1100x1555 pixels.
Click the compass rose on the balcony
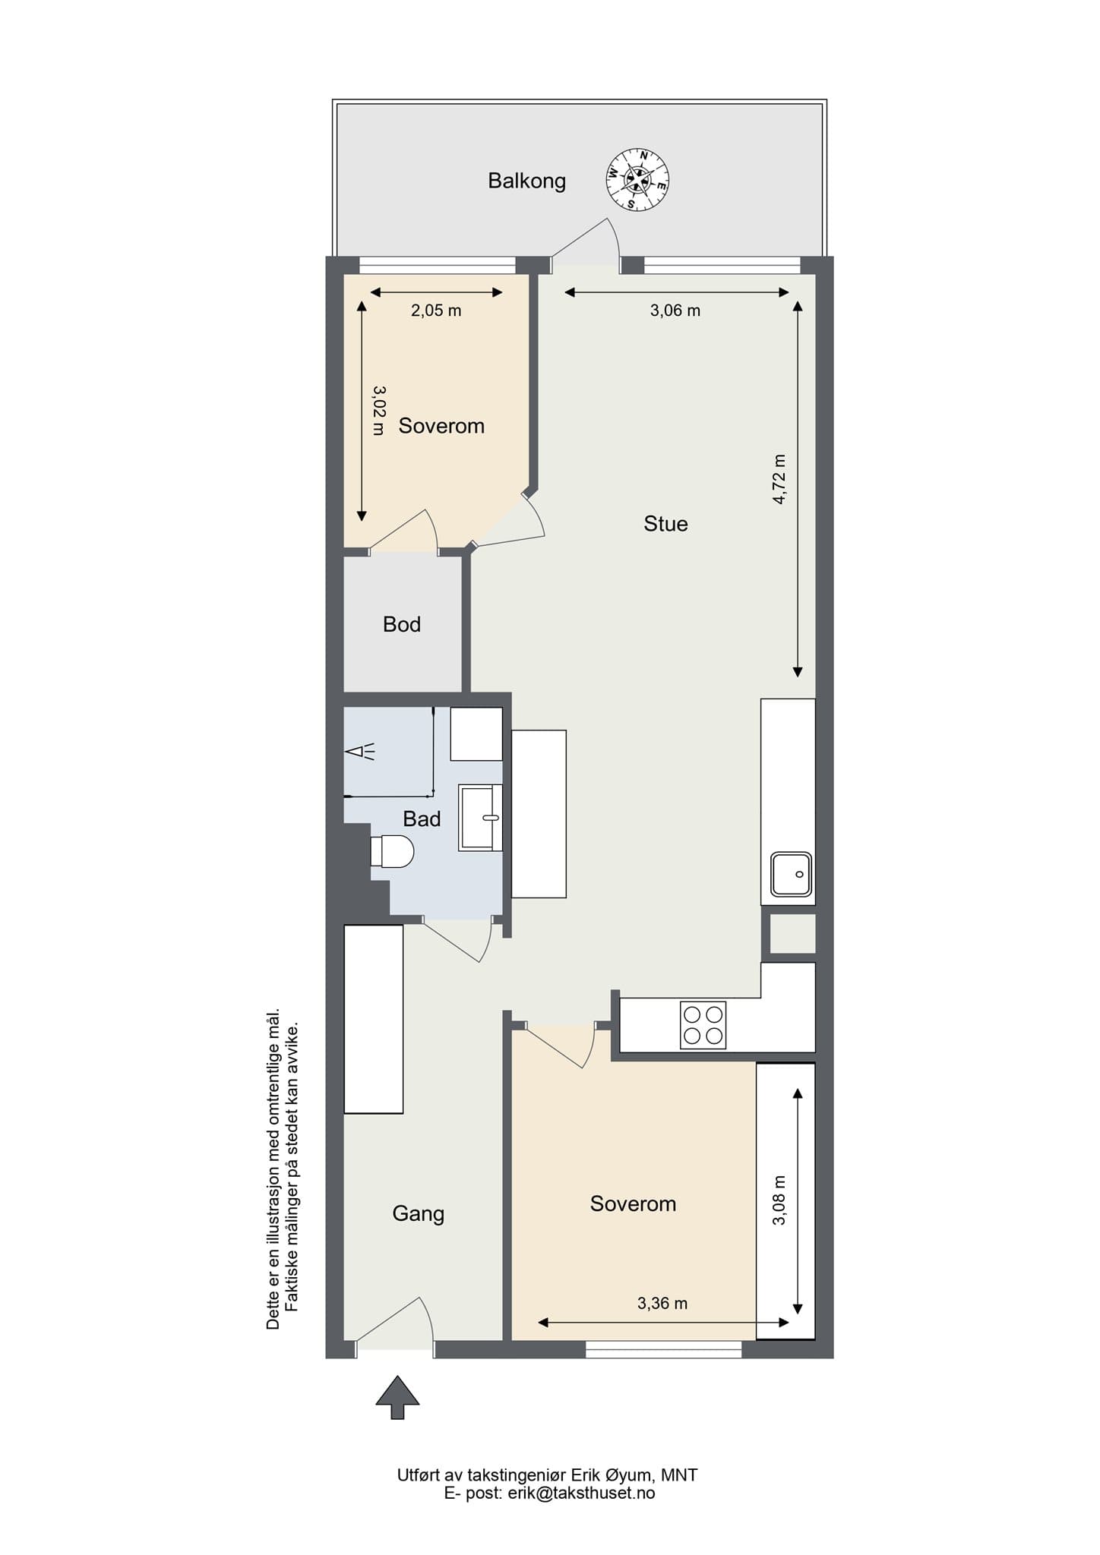coord(637,179)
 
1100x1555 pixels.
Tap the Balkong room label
coord(526,181)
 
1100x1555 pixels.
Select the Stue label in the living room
coord(665,524)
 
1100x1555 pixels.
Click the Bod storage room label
coord(401,624)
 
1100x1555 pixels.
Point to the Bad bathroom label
coord(422,819)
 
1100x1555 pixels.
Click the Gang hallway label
coord(418,1214)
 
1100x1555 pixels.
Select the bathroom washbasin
coord(480,818)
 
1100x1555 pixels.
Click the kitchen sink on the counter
coord(791,874)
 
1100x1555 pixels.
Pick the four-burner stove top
coord(703,1025)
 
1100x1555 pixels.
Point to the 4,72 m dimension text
coord(779,479)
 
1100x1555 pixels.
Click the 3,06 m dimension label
coord(675,311)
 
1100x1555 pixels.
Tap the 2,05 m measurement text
coord(436,311)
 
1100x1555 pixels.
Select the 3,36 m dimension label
coord(662,1304)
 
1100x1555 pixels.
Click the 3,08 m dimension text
coord(779,1200)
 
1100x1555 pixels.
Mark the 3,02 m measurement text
coord(378,411)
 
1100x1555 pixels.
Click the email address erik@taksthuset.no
coord(581,1493)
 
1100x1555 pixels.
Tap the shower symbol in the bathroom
coord(359,752)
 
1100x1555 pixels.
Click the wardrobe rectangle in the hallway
coord(373,1019)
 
